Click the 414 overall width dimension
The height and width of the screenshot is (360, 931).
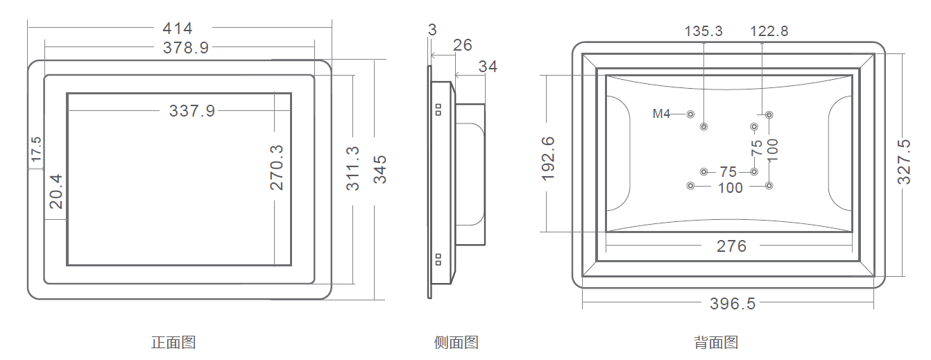tap(178, 28)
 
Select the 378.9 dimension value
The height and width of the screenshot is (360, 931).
tap(186, 47)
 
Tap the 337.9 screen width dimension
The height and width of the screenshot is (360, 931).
tap(192, 110)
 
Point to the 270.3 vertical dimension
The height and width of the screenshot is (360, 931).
tap(277, 167)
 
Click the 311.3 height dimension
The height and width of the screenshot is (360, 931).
tap(352, 169)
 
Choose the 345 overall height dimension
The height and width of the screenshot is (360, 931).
tap(380, 169)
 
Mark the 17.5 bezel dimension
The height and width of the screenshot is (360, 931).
tap(36, 150)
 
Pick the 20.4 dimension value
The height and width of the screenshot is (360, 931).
tap(55, 191)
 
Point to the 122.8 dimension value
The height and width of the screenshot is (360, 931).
tap(769, 31)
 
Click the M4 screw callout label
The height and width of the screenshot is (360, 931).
tap(661, 114)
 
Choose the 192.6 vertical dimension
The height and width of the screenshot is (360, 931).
tap(549, 159)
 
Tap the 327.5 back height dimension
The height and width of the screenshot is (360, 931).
tap(904, 162)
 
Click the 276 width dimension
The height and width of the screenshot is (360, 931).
tap(731, 246)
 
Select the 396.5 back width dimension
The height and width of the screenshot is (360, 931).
tap(732, 304)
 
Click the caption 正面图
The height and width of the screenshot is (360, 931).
tap(173, 342)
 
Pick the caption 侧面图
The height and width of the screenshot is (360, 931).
tap(456, 342)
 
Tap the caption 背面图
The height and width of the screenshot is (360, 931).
tap(716, 342)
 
